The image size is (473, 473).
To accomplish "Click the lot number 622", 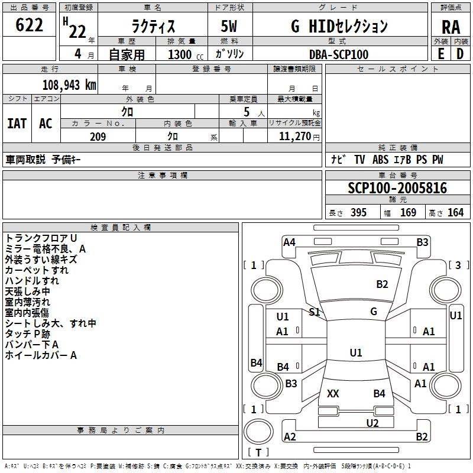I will click(x=30, y=25).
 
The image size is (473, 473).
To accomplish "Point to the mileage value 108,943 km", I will click(x=69, y=85).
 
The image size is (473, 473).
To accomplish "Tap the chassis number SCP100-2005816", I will click(x=397, y=189).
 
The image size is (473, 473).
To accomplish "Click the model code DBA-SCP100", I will click(x=339, y=54).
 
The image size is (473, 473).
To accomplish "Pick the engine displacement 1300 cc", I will click(x=183, y=54).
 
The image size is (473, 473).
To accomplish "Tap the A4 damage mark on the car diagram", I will click(x=289, y=242).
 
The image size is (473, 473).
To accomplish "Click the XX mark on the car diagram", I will click(x=333, y=393).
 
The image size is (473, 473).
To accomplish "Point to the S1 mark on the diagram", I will click(x=315, y=312).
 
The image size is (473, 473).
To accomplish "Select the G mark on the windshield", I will click(x=374, y=311).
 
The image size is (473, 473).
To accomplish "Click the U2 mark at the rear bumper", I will click(x=372, y=422).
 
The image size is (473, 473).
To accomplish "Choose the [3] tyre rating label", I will click(x=458, y=265).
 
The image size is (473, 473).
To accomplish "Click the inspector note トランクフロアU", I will click(x=41, y=238).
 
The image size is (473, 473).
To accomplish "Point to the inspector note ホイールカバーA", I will click(x=41, y=355).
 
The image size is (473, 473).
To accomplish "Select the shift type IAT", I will click(x=17, y=123).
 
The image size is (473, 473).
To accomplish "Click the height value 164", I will click(x=456, y=212).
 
